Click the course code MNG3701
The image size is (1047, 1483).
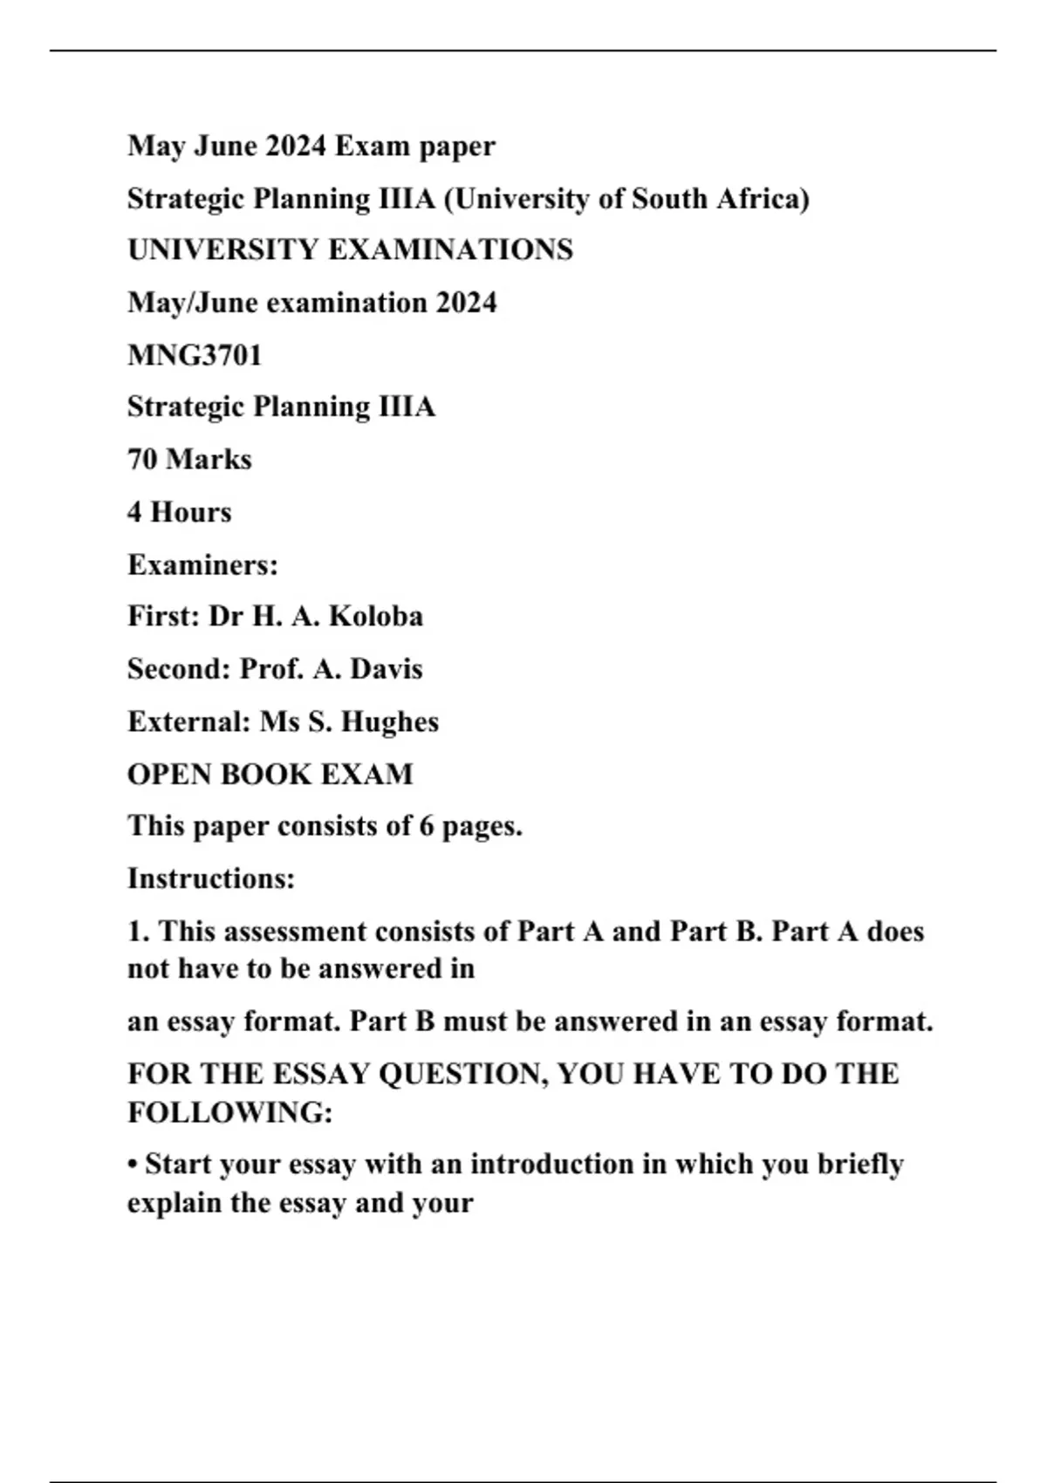point(194,355)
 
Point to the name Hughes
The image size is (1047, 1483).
point(389,722)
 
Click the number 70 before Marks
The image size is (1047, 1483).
point(142,460)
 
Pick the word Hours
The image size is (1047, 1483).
point(191,512)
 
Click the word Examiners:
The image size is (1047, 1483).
point(202,565)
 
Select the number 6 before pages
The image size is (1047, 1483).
point(426,826)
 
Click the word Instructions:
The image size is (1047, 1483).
point(211,878)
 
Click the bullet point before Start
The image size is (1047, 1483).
point(133,1165)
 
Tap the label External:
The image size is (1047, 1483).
point(189,722)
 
